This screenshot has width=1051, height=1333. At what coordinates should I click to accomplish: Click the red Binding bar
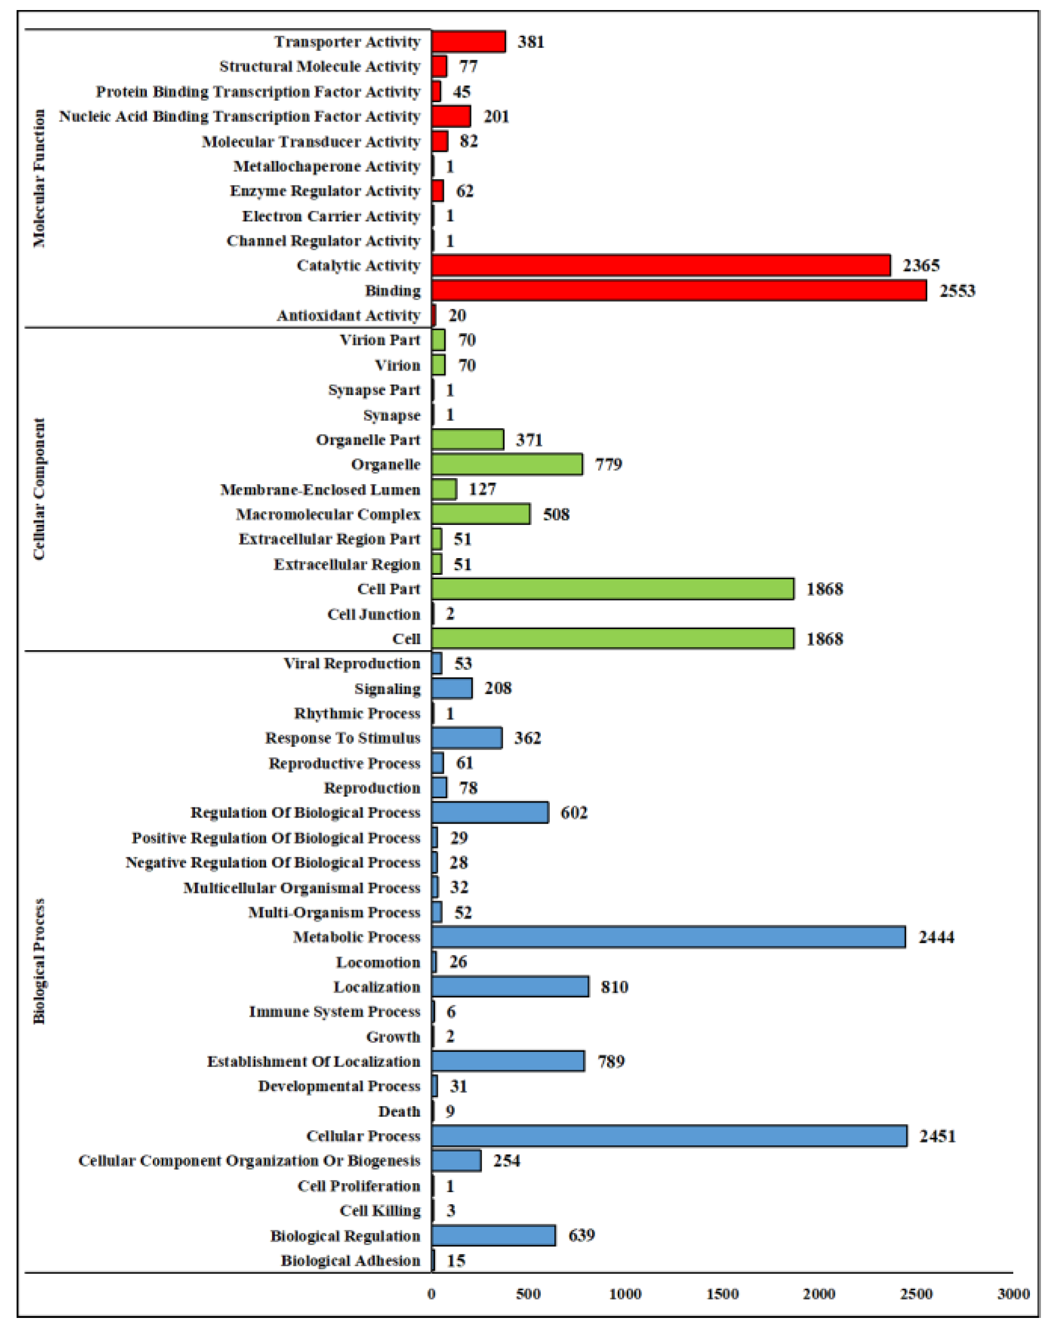tap(678, 291)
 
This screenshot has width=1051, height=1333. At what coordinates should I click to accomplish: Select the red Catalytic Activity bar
tap(660, 265)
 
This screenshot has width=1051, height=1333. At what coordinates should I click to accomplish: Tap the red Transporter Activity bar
tap(468, 42)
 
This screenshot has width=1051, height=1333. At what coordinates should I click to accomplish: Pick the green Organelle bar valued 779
tap(507, 464)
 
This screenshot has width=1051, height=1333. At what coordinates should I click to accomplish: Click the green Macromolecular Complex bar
tap(480, 514)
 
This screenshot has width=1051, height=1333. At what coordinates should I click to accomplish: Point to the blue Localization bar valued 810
tap(510, 987)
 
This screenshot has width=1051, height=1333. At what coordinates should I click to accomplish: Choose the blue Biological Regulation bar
tap(493, 1235)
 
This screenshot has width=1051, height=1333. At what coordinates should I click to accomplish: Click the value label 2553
tap(957, 291)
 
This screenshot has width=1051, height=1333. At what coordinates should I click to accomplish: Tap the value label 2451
tap(937, 1136)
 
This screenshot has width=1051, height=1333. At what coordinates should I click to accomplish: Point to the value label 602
tap(574, 813)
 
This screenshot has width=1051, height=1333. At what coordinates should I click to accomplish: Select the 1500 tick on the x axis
tap(722, 1294)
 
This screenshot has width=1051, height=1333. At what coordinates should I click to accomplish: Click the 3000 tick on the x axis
tap(1013, 1294)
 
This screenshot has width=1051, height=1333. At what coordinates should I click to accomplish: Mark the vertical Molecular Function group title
tap(39, 179)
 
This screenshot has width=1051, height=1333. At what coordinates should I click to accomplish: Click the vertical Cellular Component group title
tap(39, 489)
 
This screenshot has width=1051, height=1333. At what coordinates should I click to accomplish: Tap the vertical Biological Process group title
tap(39, 961)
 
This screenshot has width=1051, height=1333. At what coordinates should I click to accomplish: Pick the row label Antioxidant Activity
tap(348, 316)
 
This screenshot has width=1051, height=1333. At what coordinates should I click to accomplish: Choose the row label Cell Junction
tap(373, 614)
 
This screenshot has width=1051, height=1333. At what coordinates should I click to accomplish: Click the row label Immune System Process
tap(334, 1012)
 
